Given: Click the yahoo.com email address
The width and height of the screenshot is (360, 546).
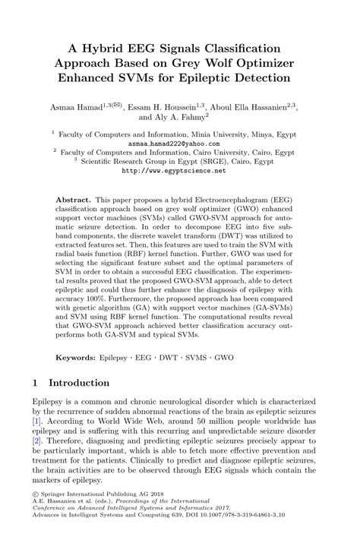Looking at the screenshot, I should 179,143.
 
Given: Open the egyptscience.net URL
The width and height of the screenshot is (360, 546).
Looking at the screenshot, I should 179,172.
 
